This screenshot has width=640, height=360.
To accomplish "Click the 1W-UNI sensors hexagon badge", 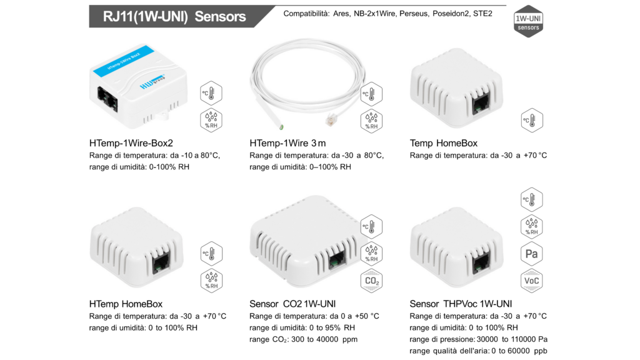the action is pos(528,21).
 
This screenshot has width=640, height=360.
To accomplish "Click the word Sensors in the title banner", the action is pos(220,16).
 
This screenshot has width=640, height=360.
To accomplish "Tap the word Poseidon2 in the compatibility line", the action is pos(451,14).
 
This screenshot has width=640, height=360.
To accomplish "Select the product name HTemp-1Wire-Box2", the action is pos(131,143).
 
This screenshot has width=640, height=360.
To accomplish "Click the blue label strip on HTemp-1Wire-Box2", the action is pos(124,61).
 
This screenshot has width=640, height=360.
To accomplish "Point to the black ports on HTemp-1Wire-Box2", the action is pos(107,99).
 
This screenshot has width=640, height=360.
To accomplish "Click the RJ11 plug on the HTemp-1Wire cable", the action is pos(331,120).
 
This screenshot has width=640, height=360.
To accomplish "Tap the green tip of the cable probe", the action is pos(282,127).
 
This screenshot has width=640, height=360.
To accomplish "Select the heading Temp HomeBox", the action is pos(444,143).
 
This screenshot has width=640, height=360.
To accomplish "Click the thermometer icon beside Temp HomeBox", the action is pos(532,121).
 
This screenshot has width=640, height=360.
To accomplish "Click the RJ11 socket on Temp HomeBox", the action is pos(481,103).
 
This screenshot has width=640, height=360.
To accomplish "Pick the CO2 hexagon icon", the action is pos(371,281).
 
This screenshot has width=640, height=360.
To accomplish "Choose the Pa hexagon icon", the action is pos(531,254).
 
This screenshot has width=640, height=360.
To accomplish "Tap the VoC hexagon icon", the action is pos(531,281).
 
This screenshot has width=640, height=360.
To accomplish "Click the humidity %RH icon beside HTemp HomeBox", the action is pos(211,281).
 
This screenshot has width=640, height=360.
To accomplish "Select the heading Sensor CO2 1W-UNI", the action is pos(292,304).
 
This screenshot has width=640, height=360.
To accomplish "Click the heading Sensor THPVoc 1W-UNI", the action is pos(461,304).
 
